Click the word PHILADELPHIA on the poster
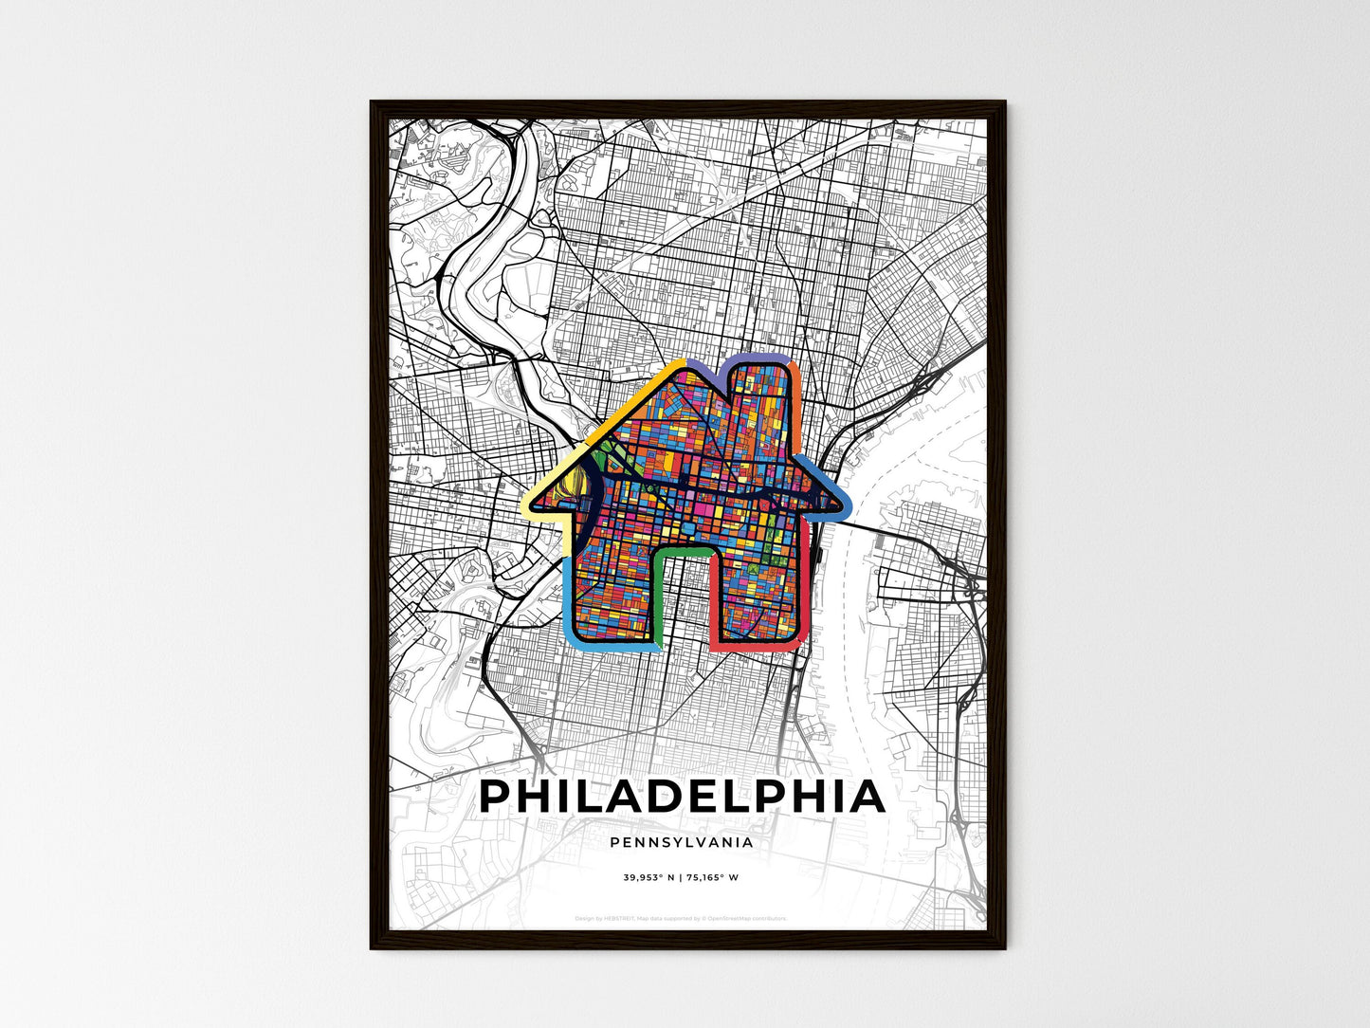coord(682,797)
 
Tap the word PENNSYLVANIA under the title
coord(682,842)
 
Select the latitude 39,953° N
coord(648,878)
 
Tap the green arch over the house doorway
coord(682,551)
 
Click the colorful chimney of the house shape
coord(758,398)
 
